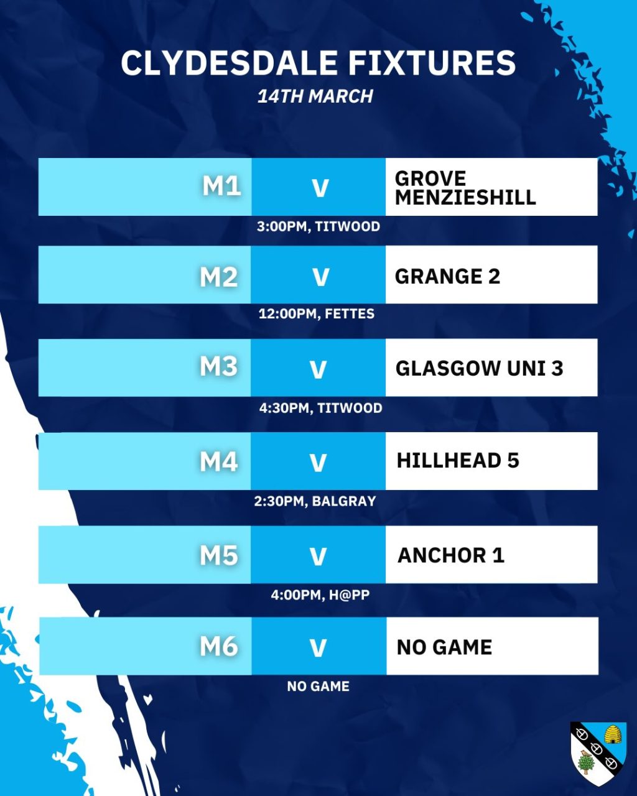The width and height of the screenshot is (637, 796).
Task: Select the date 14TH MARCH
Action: click(x=315, y=96)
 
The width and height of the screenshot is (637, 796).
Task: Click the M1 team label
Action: click(x=221, y=186)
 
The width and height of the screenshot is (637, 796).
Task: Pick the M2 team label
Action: click(x=219, y=277)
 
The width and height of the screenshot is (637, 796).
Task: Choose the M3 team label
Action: click(x=219, y=366)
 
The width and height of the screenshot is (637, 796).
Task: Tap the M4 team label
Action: click(x=219, y=461)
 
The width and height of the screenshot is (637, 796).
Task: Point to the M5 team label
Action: click(x=219, y=555)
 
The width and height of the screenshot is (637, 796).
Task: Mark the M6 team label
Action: click(x=219, y=647)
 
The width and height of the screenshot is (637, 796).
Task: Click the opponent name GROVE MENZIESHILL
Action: click(x=465, y=188)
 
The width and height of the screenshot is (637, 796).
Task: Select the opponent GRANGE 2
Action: click(x=447, y=276)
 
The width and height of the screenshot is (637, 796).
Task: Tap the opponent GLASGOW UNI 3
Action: click(x=479, y=368)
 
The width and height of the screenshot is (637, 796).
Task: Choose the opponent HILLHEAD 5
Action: click(x=458, y=461)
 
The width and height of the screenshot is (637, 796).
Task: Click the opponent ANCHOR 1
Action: click(x=451, y=555)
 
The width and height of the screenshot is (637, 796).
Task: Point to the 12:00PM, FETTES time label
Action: click(x=317, y=314)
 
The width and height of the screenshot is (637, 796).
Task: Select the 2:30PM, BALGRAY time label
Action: click(x=315, y=501)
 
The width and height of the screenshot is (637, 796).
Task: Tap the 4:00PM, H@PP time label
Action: click(x=320, y=595)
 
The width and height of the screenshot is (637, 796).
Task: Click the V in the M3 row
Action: click(x=318, y=370)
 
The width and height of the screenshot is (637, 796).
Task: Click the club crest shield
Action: click(x=598, y=753)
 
